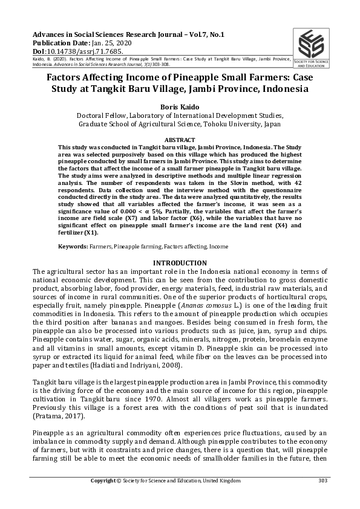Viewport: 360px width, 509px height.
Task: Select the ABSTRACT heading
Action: (180, 139)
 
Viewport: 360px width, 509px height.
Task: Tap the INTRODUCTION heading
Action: (180, 263)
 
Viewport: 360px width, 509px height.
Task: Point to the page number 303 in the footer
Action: (322, 481)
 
